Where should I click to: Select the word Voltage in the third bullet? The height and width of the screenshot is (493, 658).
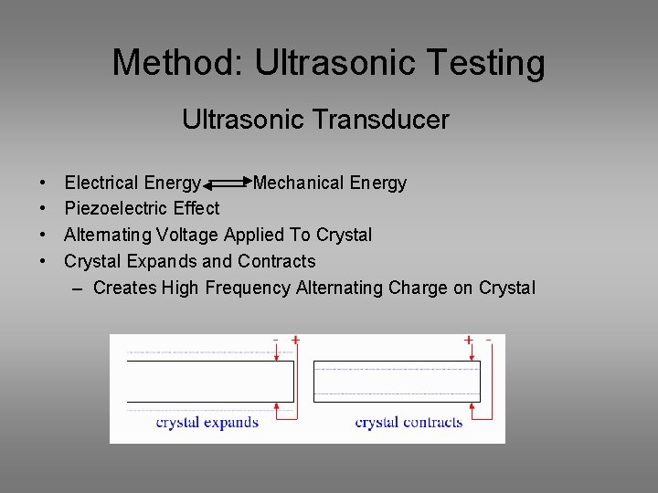tap(187, 235)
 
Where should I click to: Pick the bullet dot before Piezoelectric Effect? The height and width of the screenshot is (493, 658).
tap(44, 208)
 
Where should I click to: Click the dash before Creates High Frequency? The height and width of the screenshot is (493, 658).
tap(77, 288)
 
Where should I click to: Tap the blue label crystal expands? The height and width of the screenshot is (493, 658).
tap(207, 422)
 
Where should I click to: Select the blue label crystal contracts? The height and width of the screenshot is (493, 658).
tap(409, 422)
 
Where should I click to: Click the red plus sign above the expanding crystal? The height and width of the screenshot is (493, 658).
tap(295, 340)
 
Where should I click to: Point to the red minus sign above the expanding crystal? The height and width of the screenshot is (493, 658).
tap(276, 340)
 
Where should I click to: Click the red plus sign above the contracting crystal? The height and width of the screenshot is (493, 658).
tap(469, 340)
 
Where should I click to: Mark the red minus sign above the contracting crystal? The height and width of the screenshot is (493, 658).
tap(489, 340)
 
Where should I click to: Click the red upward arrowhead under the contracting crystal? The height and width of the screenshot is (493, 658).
tap(469, 407)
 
